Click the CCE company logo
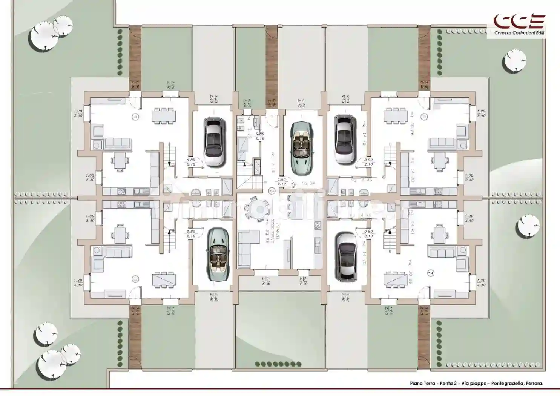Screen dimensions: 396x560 [519, 21]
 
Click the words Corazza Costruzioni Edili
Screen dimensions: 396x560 [519, 33]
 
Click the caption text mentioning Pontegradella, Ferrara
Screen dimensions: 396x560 [477, 384]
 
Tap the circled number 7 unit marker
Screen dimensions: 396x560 [431, 272]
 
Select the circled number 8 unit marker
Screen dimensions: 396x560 [272, 191]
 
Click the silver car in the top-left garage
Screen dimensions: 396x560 [215, 142]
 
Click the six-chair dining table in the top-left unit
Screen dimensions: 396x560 [164, 115]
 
